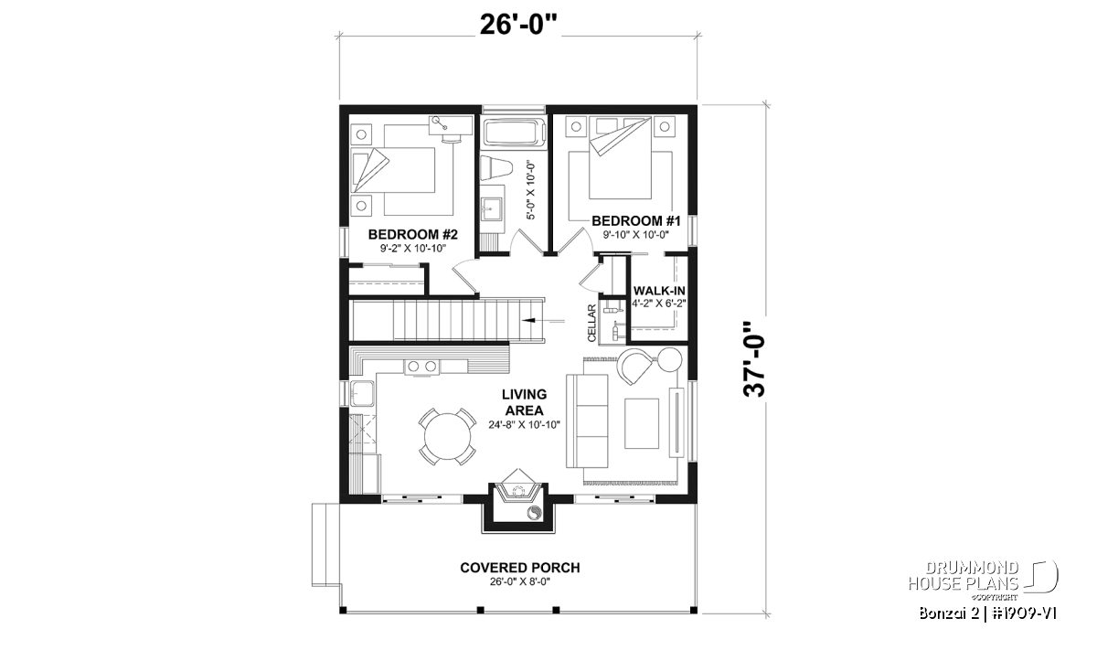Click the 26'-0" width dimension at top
[519, 25]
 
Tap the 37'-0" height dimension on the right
[753, 359]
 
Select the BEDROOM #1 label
[635, 221]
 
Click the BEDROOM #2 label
[413, 235]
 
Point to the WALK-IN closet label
[659, 291]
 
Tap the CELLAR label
[591, 323]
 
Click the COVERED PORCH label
[519, 568]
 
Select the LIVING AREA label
[524, 402]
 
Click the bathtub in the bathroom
[513, 132]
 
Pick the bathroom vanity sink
[491, 210]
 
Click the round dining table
[447, 436]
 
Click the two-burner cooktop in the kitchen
[422, 366]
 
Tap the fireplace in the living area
[518, 491]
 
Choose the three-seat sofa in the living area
[587, 421]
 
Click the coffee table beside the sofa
[641, 423]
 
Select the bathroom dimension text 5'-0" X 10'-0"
[531, 191]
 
